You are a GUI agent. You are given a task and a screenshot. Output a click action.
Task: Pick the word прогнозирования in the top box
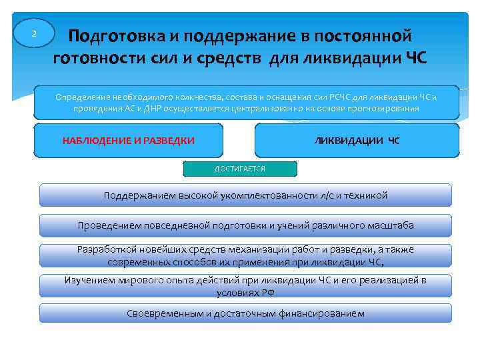click(x=381, y=108)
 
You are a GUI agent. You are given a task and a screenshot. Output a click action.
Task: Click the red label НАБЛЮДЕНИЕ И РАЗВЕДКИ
click(x=128, y=141)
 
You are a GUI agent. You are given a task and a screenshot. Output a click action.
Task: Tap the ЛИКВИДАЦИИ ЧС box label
click(x=357, y=141)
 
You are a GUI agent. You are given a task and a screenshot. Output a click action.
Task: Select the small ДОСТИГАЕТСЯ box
click(x=239, y=169)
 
